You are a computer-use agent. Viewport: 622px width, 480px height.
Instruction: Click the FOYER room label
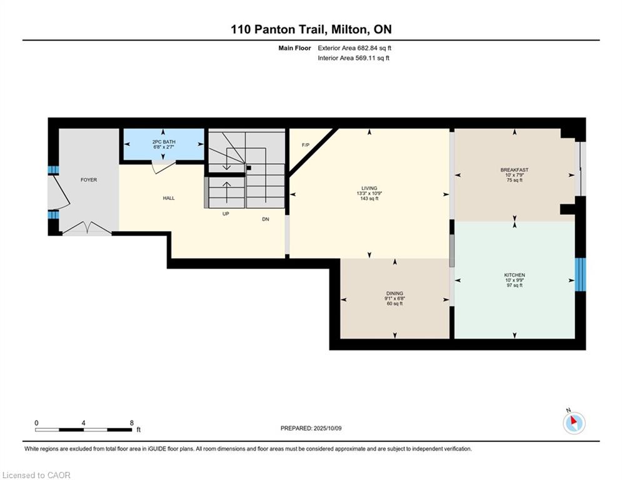click(89, 180)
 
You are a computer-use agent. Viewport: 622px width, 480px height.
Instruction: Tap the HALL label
click(169, 198)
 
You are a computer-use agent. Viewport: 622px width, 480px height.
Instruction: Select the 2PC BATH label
click(164, 142)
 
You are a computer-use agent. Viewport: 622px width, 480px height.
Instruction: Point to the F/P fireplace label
click(306, 145)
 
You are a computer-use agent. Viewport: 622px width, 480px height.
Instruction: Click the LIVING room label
click(369, 188)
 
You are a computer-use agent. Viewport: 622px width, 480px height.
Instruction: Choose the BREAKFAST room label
click(514, 170)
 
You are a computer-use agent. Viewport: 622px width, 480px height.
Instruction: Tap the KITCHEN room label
click(514, 275)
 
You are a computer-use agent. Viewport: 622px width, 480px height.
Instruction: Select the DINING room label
click(394, 294)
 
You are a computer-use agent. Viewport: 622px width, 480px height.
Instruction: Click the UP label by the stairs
click(226, 213)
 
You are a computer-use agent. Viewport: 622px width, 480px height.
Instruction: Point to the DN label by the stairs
click(266, 219)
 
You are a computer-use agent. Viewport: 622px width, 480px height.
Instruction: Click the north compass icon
click(574, 422)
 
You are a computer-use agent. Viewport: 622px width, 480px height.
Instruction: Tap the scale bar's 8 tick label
click(132, 423)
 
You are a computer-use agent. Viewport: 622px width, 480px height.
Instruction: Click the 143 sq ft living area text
click(369, 198)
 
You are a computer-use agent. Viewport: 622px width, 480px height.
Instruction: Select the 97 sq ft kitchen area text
click(514, 285)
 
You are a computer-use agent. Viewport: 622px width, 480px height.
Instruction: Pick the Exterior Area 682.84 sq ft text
click(354, 48)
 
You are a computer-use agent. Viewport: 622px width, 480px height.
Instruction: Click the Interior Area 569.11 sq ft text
click(353, 58)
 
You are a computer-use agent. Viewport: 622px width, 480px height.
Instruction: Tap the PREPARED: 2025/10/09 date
click(311, 428)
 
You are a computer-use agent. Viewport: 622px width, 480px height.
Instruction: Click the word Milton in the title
click(346, 29)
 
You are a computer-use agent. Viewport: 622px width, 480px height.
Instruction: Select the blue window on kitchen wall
click(580, 274)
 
